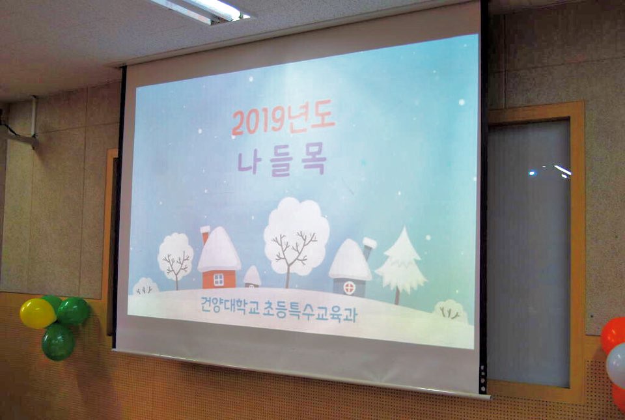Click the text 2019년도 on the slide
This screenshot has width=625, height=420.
[x=283, y=120]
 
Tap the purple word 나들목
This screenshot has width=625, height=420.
[x=282, y=163]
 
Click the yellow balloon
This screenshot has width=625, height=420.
[x=37, y=313]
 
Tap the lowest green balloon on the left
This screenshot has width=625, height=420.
[x=58, y=343]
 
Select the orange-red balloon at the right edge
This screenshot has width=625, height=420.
[x=614, y=334]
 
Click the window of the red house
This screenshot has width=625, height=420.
[x=219, y=280]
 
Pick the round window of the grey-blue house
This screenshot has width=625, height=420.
[x=349, y=288]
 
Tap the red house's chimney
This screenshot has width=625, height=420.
[x=205, y=234]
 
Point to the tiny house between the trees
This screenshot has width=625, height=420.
[x=253, y=277]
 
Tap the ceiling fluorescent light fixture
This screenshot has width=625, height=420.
[x=202, y=10]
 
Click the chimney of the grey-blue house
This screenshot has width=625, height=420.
[x=368, y=248]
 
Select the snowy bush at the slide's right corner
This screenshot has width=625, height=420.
[x=451, y=311]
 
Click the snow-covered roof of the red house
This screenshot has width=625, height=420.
[x=219, y=249]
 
